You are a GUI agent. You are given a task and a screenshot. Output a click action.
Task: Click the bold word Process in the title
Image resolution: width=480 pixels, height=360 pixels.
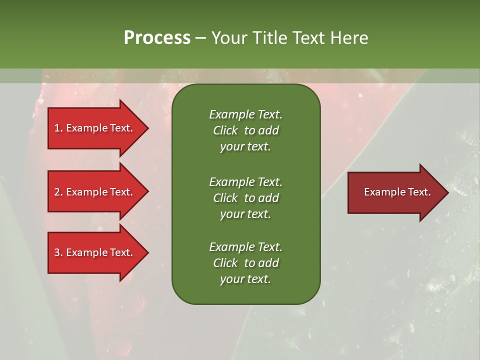157,38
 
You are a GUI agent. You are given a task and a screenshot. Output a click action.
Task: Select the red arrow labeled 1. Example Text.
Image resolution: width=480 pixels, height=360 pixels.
95,128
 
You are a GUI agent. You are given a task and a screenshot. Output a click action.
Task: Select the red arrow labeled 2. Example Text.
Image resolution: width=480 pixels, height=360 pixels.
95,192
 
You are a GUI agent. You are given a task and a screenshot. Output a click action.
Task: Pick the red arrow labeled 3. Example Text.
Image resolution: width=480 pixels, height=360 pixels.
95,252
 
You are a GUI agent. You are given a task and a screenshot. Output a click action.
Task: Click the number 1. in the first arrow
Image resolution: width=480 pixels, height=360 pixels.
58,128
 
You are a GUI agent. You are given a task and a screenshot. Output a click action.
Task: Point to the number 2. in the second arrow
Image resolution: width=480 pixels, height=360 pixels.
58,192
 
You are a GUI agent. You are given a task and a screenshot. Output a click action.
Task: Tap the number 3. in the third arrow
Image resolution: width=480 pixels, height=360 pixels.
58,252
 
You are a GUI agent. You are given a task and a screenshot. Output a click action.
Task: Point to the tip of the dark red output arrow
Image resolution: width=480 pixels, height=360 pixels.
447,192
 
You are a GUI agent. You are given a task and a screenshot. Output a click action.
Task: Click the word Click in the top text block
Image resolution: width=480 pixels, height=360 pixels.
225,130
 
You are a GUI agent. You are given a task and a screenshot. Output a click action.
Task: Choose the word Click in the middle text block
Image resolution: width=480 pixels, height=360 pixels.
225,198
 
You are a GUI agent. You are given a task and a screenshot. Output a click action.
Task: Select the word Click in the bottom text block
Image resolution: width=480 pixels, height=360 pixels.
225,263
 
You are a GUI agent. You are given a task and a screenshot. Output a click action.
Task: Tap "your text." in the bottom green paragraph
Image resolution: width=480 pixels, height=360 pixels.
245,279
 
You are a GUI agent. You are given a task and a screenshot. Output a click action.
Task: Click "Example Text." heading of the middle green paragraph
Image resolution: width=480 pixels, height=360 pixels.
245,181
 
